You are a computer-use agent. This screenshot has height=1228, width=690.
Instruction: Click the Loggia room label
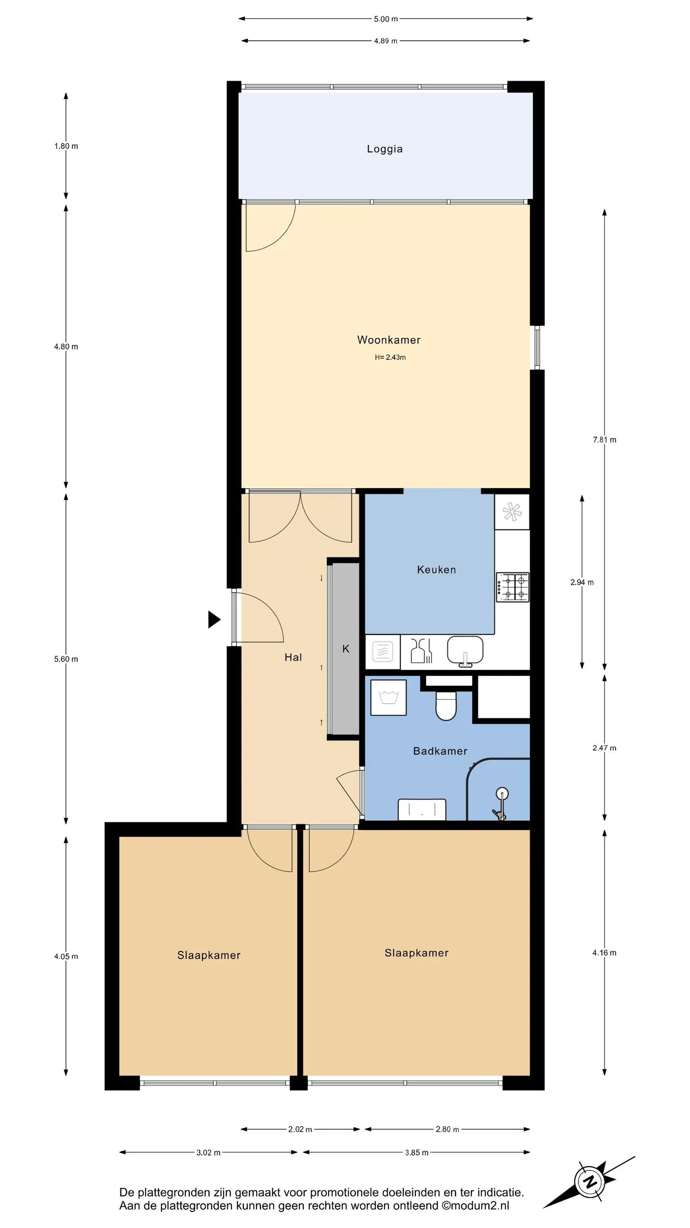click(x=385, y=149)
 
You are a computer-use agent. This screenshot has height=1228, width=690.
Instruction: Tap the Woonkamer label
click(x=389, y=340)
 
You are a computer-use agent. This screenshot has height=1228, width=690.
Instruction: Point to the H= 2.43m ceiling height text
click(x=390, y=357)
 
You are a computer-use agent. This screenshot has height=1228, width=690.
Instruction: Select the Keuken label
click(x=436, y=570)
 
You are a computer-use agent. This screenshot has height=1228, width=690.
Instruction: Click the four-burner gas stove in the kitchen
click(x=512, y=587)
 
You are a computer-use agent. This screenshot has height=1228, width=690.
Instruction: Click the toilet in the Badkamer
click(x=446, y=706)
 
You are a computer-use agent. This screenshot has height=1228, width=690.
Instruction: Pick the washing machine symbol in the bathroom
click(x=388, y=698)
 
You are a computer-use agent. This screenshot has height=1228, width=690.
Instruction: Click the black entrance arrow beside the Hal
click(x=214, y=620)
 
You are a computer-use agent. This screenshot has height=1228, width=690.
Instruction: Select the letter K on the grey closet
click(x=346, y=649)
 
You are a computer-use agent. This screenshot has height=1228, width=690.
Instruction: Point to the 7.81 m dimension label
click(x=604, y=440)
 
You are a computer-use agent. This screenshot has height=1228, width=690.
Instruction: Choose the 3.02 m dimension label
click(x=208, y=1153)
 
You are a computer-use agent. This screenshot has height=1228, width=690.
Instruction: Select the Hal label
click(x=293, y=657)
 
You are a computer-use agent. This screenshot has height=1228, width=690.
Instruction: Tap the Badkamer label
click(x=440, y=751)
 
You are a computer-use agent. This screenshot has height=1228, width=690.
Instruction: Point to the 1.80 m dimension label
click(x=66, y=146)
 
